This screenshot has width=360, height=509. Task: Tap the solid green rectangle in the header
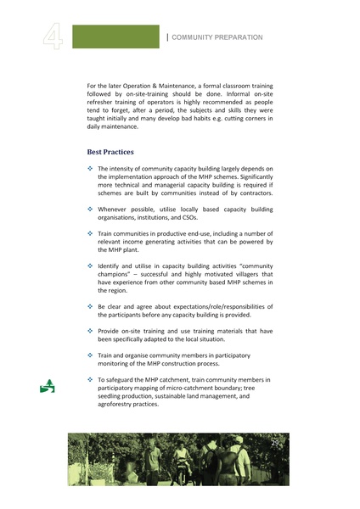coord(115,36)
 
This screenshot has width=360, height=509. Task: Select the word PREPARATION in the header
coord(239,37)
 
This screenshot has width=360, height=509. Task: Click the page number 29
coord(274,444)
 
